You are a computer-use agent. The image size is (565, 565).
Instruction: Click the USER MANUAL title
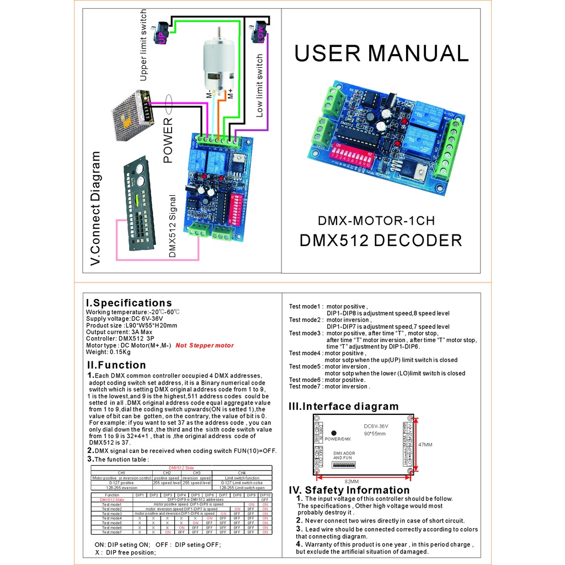tap(381, 54)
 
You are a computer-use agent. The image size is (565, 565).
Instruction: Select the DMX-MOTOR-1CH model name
tap(376, 221)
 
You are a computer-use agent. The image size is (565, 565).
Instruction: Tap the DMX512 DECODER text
tap(380, 241)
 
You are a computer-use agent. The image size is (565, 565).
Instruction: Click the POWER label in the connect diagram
tap(168, 140)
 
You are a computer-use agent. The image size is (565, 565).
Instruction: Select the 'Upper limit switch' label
tap(143, 45)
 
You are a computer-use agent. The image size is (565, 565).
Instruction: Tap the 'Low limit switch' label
tap(259, 86)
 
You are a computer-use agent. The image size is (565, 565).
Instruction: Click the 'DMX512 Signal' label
tap(172, 226)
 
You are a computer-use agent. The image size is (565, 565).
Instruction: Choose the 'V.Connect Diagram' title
tap(96, 209)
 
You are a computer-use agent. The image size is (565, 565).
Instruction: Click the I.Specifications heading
tap(129, 303)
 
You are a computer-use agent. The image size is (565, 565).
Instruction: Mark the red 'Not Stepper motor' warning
tap(205, 345)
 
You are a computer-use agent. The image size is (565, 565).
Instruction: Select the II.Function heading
tap(116, 365)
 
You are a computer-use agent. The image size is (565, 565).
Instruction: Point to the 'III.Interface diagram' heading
tap(343, 407)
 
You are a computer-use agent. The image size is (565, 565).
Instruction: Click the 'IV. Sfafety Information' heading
tap(349, 490)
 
